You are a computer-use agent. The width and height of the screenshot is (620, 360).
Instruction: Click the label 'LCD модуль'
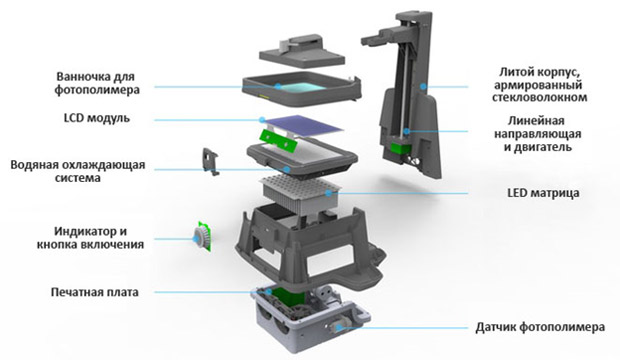click(x=97, y=118)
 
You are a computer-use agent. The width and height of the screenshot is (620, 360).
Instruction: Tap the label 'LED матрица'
click(x=543, y=193)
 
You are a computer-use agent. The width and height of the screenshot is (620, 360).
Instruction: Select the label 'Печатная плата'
click(x=95, y=292)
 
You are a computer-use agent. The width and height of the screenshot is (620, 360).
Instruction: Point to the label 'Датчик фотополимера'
click(x=540, y=327)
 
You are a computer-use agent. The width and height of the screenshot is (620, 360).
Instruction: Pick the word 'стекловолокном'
click(x=539, y=97)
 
